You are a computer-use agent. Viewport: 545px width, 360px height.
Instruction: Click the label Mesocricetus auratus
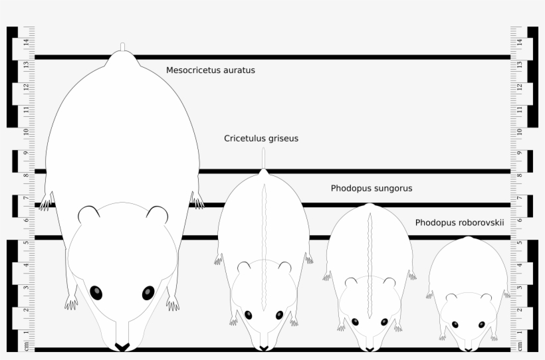(210, 70)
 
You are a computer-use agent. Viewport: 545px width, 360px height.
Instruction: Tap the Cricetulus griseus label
(261, 139)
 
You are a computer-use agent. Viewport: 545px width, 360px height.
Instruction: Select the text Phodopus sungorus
(372, 189)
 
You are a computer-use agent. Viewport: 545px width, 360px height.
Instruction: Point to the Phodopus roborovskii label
(459, 223)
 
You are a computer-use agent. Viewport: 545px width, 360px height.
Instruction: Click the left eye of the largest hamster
(96, 292)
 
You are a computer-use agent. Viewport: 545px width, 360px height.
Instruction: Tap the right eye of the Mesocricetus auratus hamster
(148, 293)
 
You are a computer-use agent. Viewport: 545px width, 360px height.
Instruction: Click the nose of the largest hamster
(122, 347)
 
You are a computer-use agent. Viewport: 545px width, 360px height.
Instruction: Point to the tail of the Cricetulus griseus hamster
(264, 158)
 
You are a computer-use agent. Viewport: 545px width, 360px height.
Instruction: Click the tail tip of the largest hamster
(122, 46)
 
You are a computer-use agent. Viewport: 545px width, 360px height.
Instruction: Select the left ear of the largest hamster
(88, 215)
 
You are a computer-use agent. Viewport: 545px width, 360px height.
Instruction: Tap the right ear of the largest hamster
(158, 215)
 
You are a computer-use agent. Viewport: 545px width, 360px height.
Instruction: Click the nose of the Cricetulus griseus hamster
(264, 348)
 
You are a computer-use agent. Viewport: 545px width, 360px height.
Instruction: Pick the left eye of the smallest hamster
(455, 324)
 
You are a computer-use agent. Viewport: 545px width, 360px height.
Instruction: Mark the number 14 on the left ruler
(26, 43)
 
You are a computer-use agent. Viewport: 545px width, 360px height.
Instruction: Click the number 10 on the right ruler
(519, 131)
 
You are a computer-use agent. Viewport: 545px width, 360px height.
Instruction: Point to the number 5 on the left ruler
(26, 243)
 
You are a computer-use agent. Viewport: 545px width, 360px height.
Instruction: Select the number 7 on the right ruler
(519, 198)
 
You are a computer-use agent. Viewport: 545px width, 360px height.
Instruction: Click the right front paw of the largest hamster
(173, 304)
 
